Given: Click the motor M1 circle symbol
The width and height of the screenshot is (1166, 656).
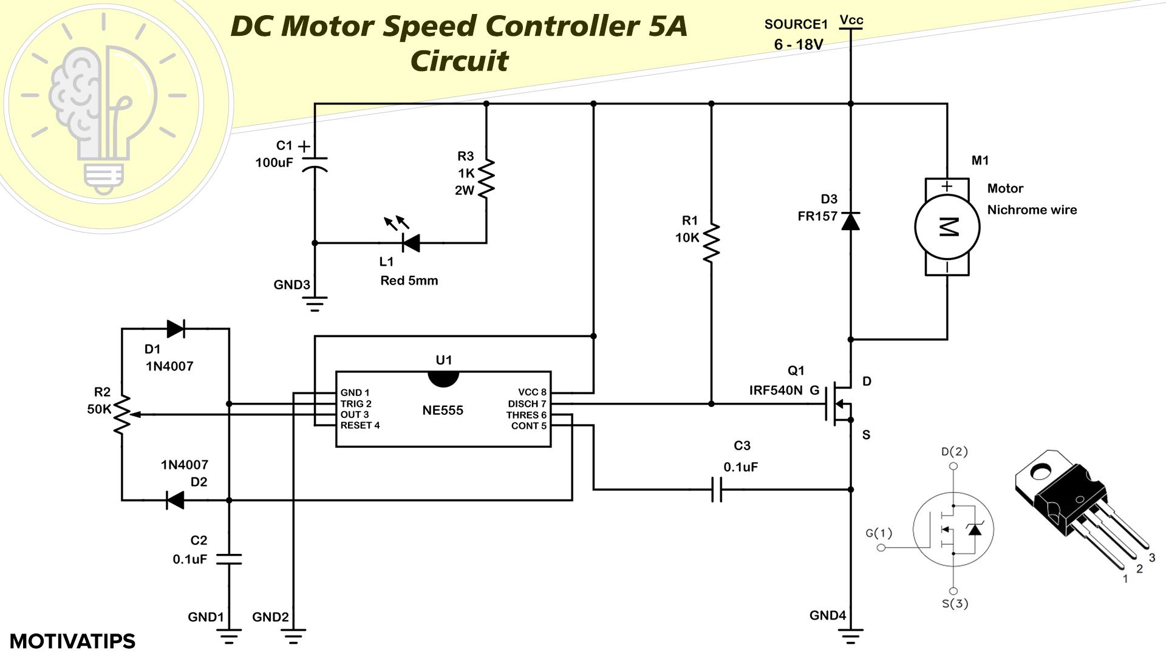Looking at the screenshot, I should tap(947, 227).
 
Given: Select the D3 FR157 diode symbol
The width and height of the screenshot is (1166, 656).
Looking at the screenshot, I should tap(850, 221).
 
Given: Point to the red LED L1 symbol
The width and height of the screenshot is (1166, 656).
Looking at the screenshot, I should tap(411, 243).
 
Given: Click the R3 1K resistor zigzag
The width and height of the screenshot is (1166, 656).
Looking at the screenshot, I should tap(486, 179).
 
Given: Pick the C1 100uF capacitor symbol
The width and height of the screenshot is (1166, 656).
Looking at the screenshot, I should tap(315, 164).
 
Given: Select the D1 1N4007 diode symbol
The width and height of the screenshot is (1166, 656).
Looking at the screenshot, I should tap(176, 329).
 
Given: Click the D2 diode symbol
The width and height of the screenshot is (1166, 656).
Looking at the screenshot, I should tap(176, 501).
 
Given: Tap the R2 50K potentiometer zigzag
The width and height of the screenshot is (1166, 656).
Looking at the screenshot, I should tap(122, 414).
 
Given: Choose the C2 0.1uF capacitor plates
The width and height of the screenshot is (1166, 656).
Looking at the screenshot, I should tap(229, 559).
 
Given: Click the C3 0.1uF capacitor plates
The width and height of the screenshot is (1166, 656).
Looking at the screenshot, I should tap(717, 489).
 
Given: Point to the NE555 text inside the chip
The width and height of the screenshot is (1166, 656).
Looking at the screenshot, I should tap(443, 411).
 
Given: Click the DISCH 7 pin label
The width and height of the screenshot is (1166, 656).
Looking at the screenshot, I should tap(527, 404).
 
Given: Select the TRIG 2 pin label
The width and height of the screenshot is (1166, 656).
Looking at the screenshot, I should tap(356, 404).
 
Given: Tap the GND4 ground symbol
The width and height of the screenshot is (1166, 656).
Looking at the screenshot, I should tap(850, 637).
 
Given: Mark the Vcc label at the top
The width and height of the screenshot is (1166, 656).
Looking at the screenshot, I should tap(851, 20).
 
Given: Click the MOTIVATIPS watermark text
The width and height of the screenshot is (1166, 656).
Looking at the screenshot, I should tap(72, 641).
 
